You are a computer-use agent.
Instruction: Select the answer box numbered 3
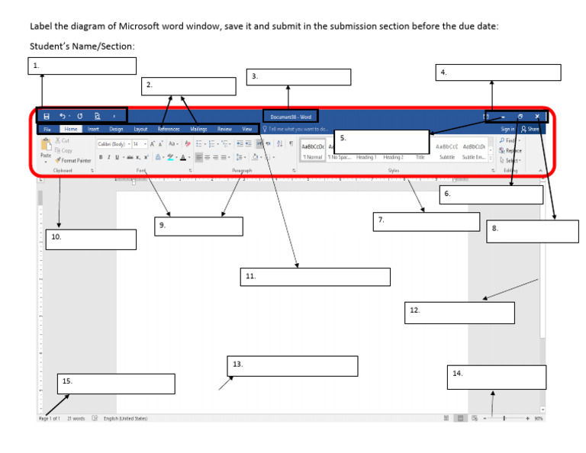[298, 77]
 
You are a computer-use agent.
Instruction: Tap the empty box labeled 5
[382, 142]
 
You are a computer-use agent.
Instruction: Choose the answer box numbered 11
[315, 277]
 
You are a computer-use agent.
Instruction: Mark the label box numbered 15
[116, 384]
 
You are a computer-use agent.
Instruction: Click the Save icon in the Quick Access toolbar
[47, 116]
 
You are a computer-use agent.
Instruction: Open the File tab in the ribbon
[47, 130]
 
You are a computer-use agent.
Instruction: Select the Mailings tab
[198, 130]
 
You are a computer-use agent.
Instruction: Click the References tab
[169, 130]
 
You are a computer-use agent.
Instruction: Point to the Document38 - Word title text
[291, 117]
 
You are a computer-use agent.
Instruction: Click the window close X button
[537, 117]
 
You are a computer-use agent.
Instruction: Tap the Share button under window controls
[530, 130]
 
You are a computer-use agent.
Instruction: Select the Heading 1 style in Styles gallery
[366, 157]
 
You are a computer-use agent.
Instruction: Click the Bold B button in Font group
[100, 156]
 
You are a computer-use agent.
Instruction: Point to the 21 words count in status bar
[76, 419]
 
